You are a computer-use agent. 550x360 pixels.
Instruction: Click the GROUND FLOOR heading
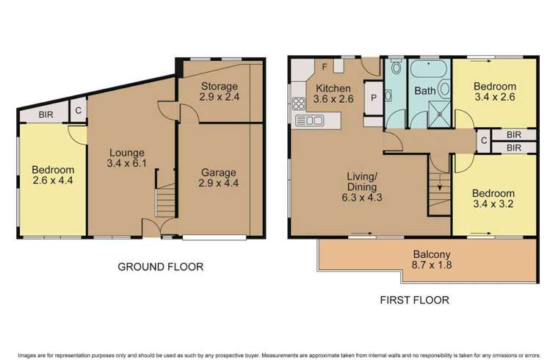[160, 267]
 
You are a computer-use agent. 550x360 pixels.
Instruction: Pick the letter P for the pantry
[373, 98]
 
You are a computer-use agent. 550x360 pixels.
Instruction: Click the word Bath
[425, 91]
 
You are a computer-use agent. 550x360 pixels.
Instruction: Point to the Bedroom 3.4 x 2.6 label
[496, 91]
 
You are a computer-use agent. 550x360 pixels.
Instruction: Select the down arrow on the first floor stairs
[438, 188]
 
